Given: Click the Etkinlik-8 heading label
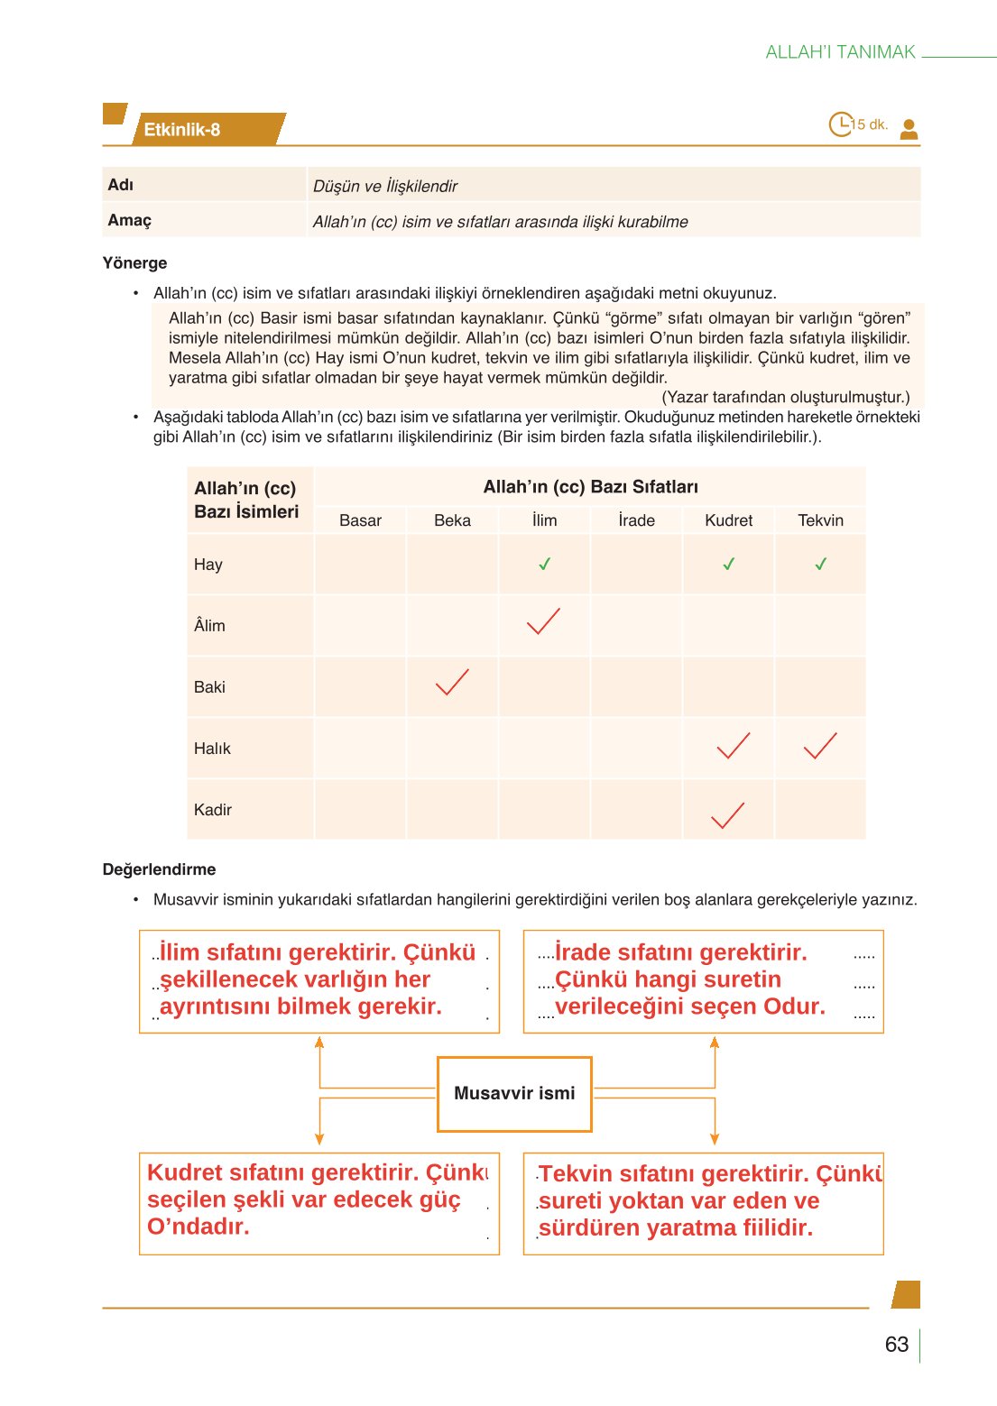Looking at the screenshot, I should [182, 130].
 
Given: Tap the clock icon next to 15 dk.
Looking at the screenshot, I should [840, 124].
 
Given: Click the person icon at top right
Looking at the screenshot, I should [909, 129].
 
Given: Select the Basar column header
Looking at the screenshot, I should [360, 520].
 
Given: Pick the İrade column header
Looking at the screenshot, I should [636, 520].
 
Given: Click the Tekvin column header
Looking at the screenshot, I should [820, 520].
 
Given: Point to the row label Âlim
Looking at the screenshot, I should [209, 625].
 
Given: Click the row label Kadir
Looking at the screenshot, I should [212, 810].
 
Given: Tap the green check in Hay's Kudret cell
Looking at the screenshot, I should [728, 565].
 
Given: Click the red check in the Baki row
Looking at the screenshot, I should [451, 683].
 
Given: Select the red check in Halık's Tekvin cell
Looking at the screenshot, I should [819, 745].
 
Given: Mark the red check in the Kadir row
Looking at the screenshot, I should [727, 815].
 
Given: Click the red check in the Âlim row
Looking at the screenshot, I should [543, 621].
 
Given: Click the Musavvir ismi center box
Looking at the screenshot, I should [514, 1093].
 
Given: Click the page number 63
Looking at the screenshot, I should [896, 1344].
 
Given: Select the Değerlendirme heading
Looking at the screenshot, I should [159, 869].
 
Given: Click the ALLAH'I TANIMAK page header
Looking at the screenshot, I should [840, 52].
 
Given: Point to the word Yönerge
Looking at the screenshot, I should [134, 263].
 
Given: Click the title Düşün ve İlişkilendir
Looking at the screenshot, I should [385, 186].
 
